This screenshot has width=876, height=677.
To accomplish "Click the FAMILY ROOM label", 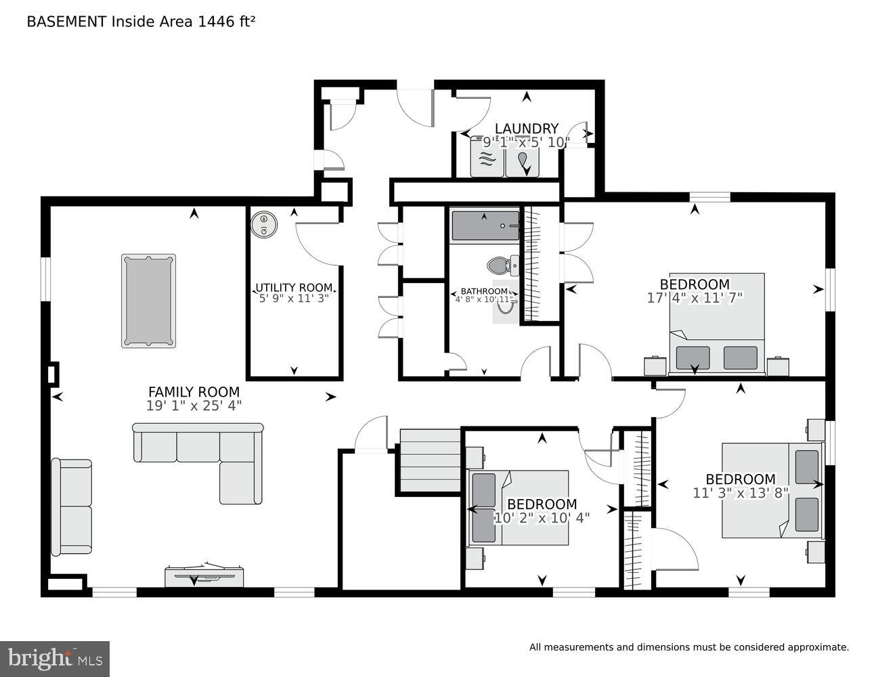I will coord(194,392).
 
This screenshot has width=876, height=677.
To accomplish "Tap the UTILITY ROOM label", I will coord(293,288).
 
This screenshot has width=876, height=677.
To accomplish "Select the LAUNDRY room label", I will coord(526,129).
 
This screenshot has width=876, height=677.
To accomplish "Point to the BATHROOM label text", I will coord(484,291).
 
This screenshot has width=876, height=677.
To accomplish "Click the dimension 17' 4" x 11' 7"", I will coord(695,297).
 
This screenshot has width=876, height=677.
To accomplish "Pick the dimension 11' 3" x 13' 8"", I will coord(741,493).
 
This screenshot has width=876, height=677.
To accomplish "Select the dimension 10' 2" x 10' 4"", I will coord(542,518).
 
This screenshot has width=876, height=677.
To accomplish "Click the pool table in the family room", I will coord(148,301).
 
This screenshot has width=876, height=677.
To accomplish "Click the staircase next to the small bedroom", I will coord(429,452).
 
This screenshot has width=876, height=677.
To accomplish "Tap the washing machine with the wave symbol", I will coord(487,159).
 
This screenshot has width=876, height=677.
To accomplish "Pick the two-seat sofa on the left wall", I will coord(71,506).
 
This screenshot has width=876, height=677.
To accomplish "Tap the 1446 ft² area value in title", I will coord(226,22).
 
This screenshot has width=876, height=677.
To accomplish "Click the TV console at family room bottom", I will coord(204,575).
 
